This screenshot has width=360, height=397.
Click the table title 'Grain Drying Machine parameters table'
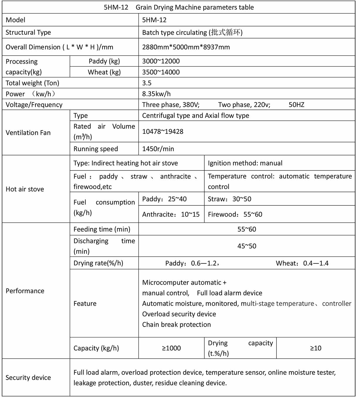point(195,7)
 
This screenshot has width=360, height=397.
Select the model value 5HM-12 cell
point(154,20)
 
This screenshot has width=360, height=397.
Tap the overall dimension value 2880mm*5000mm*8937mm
point(186,47)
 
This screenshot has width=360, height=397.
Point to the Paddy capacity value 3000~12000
point(161,61)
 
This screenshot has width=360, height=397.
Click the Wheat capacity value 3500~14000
point(161,72)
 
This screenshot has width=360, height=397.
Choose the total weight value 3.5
point(147,83)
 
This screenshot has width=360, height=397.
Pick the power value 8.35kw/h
point(156,94)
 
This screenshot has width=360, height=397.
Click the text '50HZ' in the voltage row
point(296,105)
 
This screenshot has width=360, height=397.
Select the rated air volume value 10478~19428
point(163,131)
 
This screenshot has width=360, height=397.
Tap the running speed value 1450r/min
point(158,149)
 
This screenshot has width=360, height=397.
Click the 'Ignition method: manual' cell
point(245,163)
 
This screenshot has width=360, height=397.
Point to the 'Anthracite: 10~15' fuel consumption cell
point(171,214)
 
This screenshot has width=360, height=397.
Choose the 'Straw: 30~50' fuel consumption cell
point(230,199)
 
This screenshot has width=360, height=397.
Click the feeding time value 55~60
point(247,229)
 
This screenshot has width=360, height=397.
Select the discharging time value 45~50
point(247,246)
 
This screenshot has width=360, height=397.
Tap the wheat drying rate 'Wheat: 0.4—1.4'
point(302,263)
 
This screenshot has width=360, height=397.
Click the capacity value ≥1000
point(171,348)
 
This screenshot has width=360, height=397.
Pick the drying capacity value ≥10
point(315,348)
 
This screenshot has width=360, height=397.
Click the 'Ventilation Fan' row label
point(28,133)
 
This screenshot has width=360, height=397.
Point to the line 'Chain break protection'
point(176,325)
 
